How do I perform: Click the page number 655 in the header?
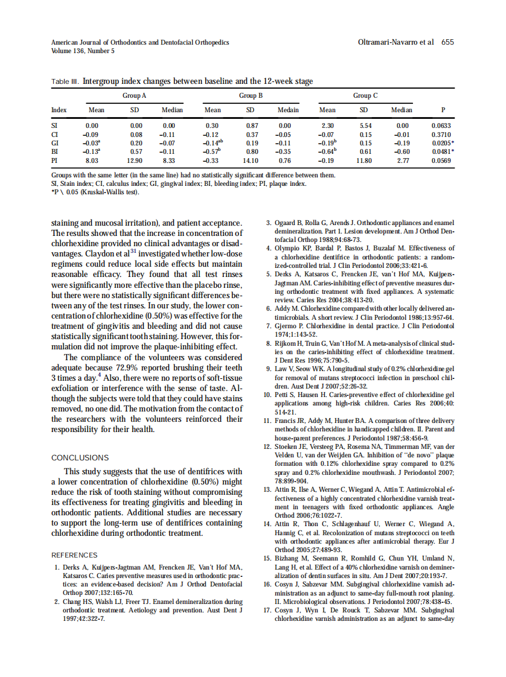[x=447, y=42]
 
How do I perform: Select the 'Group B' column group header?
[x=251, y=95]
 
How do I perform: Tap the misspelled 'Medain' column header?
[x=288, y=110]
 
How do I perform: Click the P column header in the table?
[x=443, y=110]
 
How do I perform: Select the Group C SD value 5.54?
[x=363, y=125]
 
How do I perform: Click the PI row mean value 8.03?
[x=92, y=161]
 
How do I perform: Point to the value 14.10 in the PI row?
[x=250, y=161]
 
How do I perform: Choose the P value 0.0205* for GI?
[x=443, y=143]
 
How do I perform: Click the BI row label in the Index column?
[x=55, y=152]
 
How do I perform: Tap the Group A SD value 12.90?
[x=135, y=161]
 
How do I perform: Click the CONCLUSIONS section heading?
[x=80, y=458]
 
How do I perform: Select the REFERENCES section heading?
[x=74, y=555]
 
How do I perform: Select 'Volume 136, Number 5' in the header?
[x=83, y=51]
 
